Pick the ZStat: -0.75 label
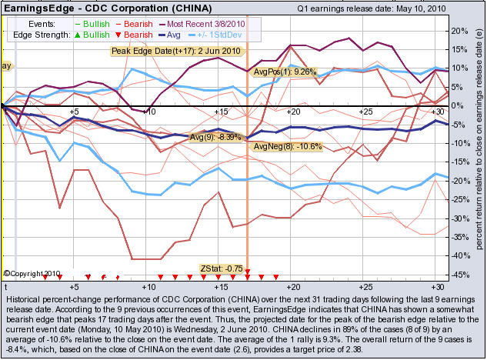[222, 268]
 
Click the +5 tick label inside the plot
[74, 112]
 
